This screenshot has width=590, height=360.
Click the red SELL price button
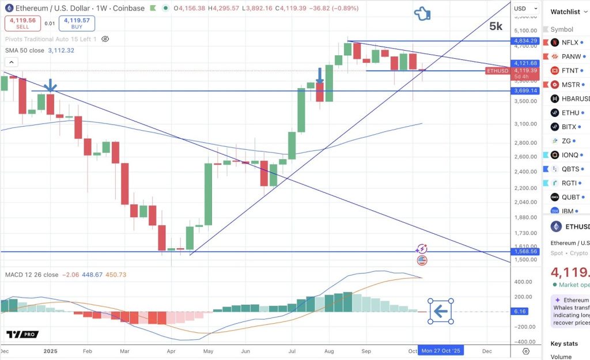tap(22, 23)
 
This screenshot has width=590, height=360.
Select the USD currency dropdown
tap(523, 9)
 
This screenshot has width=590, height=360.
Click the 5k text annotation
tap(496, 26)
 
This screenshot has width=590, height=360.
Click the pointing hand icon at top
tap(423, 14)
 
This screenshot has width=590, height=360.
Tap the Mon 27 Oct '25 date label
tap(441, 350)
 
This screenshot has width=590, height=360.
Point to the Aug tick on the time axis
tap(329, 350)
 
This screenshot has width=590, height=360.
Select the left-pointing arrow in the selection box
tap(441, 312)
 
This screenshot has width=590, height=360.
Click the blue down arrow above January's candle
tap(51, 85)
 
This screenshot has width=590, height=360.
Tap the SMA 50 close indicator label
tap(25, 50)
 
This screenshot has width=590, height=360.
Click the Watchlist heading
tap(565, 12)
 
